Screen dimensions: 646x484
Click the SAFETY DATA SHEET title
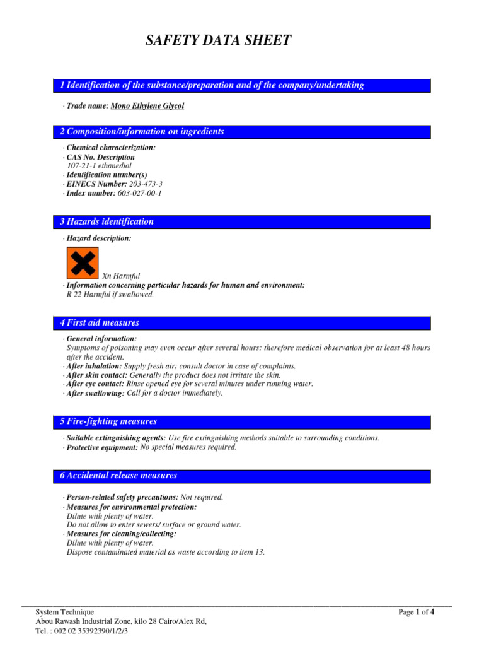[219, 41]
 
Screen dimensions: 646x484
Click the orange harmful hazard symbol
[83, 262]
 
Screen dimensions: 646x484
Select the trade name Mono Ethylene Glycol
[147, 106]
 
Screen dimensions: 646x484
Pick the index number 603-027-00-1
[140, 193]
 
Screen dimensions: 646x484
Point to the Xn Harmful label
[121, 276]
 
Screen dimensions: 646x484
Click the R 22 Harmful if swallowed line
[110, 295]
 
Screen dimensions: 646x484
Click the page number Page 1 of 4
[416, 612]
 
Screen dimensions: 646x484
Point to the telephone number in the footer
[82, 631]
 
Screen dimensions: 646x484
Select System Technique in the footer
[65, 612]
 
